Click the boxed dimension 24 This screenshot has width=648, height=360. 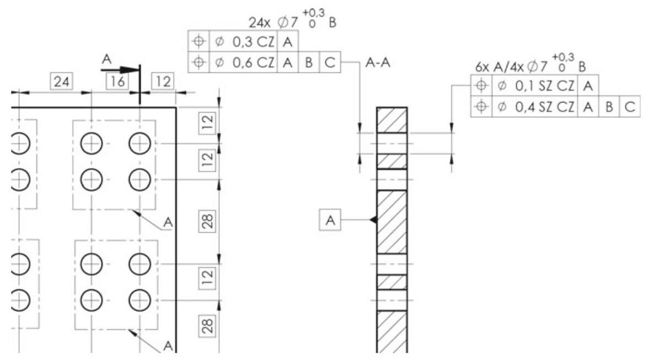(59, 82)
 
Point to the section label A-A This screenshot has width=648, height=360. (378, 63)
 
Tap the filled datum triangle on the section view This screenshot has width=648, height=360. (373, 220)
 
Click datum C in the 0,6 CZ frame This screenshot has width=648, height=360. (330, 63)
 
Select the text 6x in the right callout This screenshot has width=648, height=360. (484, 67)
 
